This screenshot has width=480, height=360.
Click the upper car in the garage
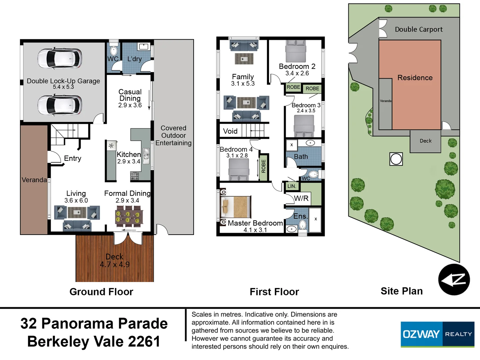click(59, 59)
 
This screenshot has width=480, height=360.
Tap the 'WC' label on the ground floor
click(113, 59)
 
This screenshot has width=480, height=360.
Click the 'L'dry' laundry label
click(135, 59)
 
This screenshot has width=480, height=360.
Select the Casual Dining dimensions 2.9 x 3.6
click(130, 105)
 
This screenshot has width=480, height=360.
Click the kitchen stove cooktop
click(135, 176)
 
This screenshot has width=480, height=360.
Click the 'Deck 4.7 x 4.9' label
click(115, 261)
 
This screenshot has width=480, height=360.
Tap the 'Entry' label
click(73, 158)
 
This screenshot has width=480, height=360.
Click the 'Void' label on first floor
click(230, 131)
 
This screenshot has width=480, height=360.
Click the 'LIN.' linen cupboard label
click(292, 186)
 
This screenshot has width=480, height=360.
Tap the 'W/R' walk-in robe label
click(301, 199)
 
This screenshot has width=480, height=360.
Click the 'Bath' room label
click(301, 157)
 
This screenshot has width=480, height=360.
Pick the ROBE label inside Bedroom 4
click(263, 166)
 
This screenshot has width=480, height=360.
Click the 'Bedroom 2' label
click(297, 66)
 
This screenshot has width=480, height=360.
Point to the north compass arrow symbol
click(454, 280)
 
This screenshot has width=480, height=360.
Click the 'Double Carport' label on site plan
click(419, 29)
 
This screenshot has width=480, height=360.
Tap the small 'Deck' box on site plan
click(425, 141)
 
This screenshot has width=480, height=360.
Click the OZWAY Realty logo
click(437, 334)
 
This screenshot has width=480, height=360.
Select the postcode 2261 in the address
click(144, 342)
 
